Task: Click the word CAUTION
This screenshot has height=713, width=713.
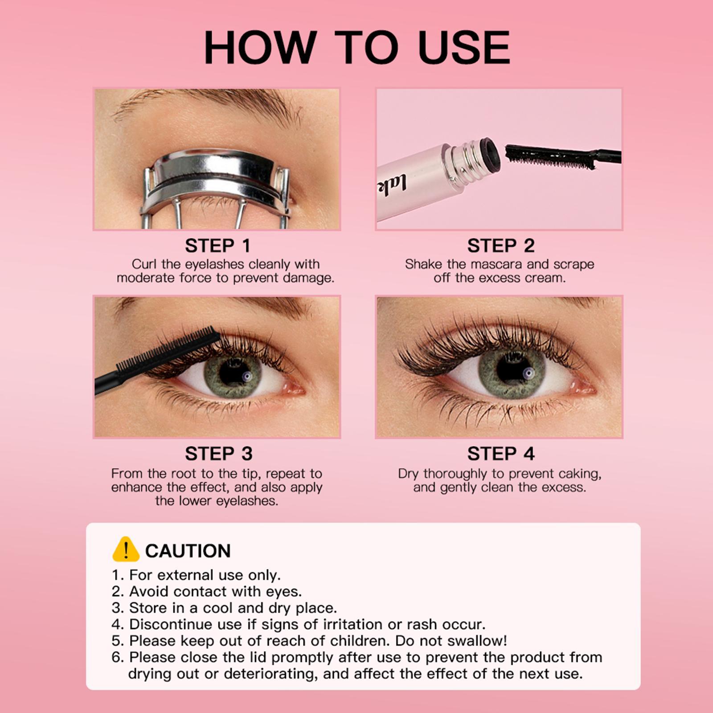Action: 188,551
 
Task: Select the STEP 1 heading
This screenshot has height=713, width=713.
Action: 217,246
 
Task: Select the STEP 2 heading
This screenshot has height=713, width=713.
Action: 500,246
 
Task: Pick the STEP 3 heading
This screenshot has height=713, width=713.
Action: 218,454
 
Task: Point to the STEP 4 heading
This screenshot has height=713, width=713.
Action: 500,454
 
